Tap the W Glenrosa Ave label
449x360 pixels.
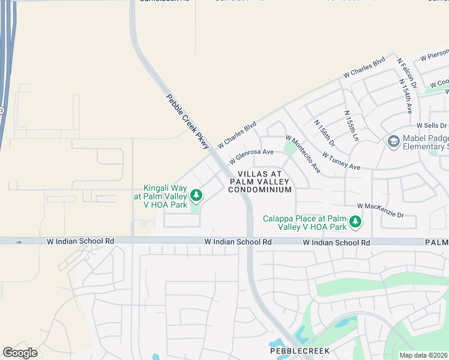pos(252,157)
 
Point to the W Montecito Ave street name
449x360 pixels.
pos(303,154)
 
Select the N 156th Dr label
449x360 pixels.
pos(324,133)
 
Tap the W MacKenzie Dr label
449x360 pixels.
pos(381,210)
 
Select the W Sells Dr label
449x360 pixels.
pos(432,125)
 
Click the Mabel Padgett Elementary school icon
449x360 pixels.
pos(394,142)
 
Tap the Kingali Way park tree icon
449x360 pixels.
pos(196,196)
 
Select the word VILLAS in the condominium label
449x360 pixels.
pos(243,173)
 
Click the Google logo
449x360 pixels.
pos(20,353)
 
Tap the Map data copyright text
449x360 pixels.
pos(424,355)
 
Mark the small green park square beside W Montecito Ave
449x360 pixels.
pos(290,147)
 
